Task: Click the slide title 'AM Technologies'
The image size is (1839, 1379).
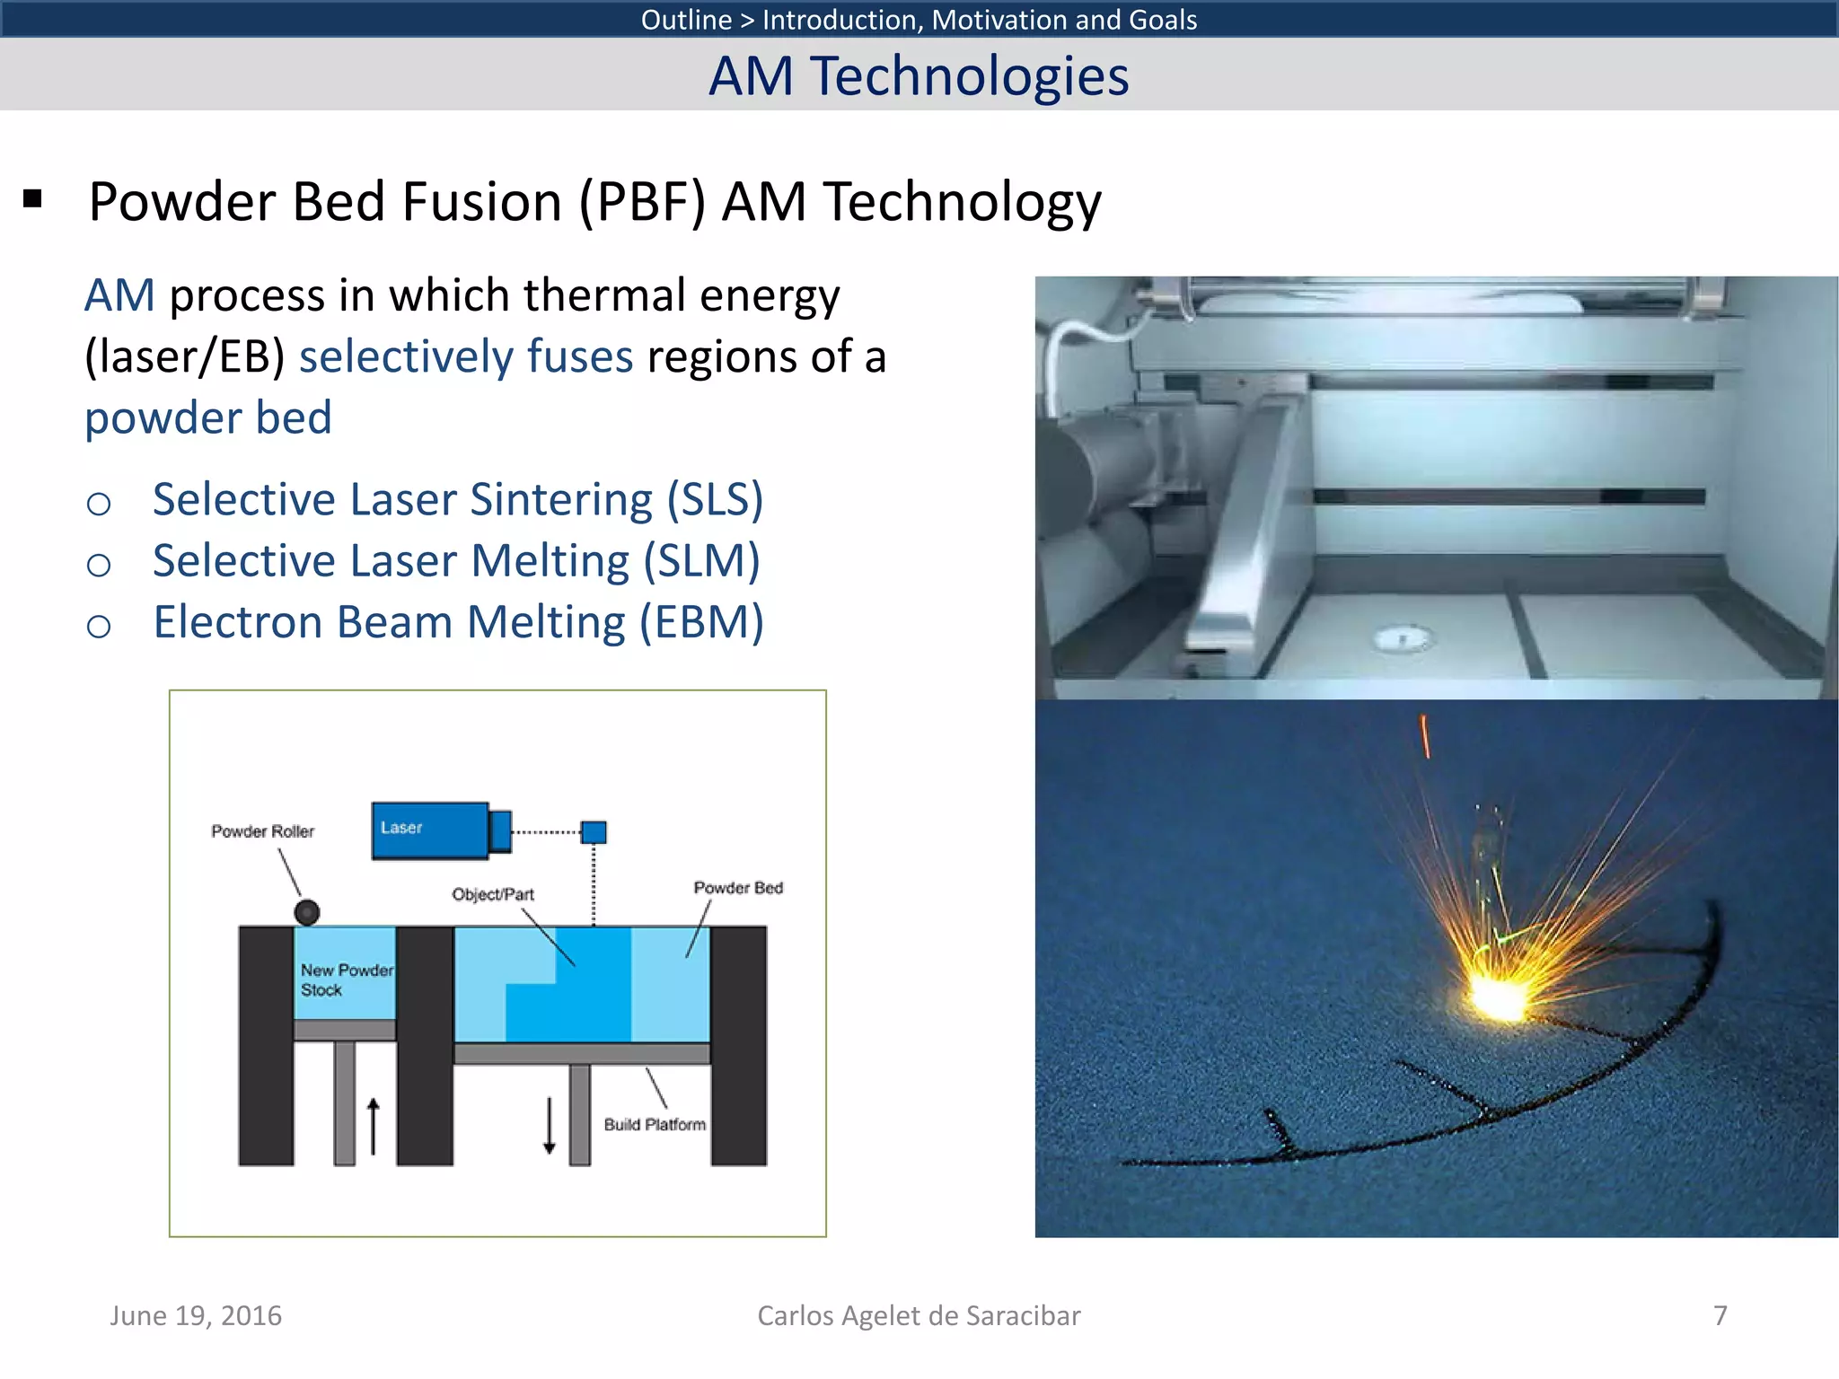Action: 919,75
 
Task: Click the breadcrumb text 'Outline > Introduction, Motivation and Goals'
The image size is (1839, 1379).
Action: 919,19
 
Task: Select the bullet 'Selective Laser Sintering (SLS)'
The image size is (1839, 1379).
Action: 457,499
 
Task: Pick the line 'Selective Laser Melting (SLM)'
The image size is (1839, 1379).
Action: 456,561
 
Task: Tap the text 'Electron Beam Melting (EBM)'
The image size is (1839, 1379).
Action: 458,622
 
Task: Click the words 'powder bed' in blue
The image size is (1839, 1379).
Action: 208,418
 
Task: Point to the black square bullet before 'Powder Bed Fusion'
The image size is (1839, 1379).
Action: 33,199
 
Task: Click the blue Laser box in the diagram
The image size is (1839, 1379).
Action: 430,830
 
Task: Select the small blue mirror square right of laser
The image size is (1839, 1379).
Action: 594,832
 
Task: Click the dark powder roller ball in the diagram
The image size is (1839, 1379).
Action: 307,913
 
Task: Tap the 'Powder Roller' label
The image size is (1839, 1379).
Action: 262,831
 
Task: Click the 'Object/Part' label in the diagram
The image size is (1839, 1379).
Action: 493,894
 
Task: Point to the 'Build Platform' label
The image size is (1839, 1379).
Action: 655,1124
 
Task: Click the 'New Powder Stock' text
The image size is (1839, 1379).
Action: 345,979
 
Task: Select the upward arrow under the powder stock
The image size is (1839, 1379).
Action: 374,1127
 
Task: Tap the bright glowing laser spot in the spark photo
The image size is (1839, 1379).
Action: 1496,997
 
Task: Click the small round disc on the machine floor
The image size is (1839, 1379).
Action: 1403,638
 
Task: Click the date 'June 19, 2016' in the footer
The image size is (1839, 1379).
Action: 196,1315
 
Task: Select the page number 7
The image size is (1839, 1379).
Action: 1720,1315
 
